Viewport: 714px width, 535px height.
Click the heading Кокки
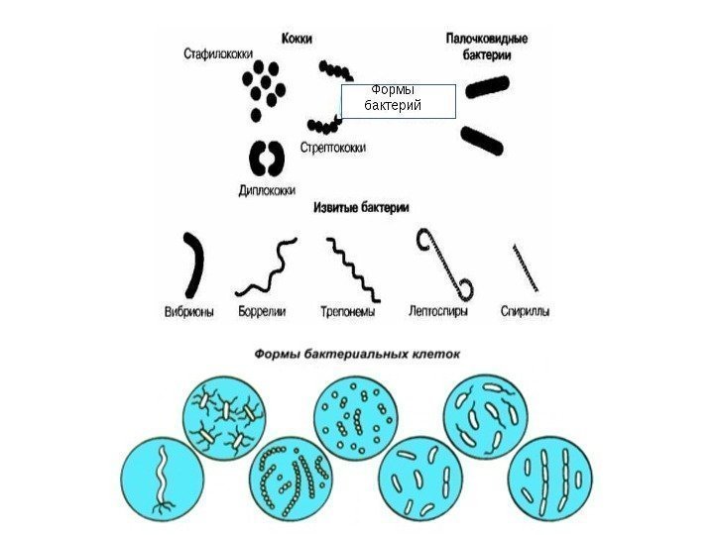[297, 38]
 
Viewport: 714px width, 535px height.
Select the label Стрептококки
[332, 148]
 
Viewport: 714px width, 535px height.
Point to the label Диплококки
[267, 190]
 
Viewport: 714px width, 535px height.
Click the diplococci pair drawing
[265, 158]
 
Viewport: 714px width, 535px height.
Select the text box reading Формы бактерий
[397, 101]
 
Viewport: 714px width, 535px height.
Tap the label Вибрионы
[188, 310]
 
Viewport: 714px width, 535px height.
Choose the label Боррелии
[263, 310]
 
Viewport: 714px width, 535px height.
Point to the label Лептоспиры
[438, 310]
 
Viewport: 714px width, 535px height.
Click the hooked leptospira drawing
[446, 263]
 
